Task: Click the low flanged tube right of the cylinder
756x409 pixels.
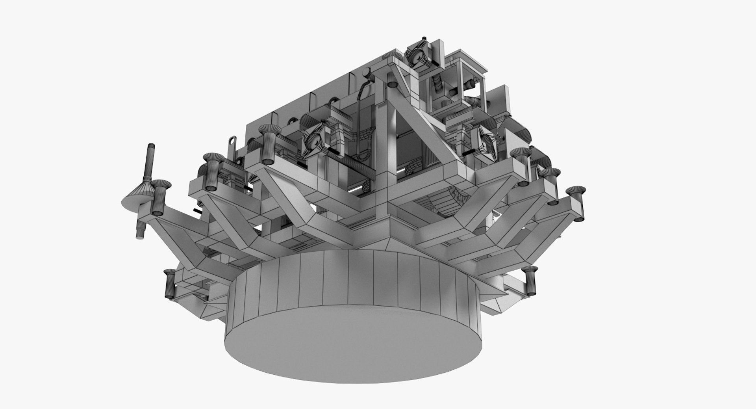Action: (x=531, y=280)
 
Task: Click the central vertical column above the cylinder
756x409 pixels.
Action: (x=381, y=158)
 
